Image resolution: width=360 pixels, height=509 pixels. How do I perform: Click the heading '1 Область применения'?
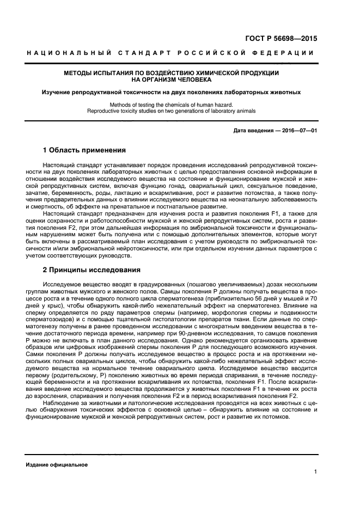84,150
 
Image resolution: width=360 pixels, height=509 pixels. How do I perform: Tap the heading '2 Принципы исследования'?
91,269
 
